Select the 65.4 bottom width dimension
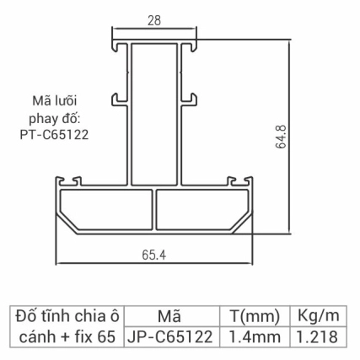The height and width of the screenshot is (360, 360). click(155, 253)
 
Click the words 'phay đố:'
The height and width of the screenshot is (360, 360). click(53, 116)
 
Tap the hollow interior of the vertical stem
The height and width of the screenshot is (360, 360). click(155, 110)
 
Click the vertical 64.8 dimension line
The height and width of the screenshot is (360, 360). click(290, 135)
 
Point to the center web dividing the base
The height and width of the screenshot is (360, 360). click(155, 208)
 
